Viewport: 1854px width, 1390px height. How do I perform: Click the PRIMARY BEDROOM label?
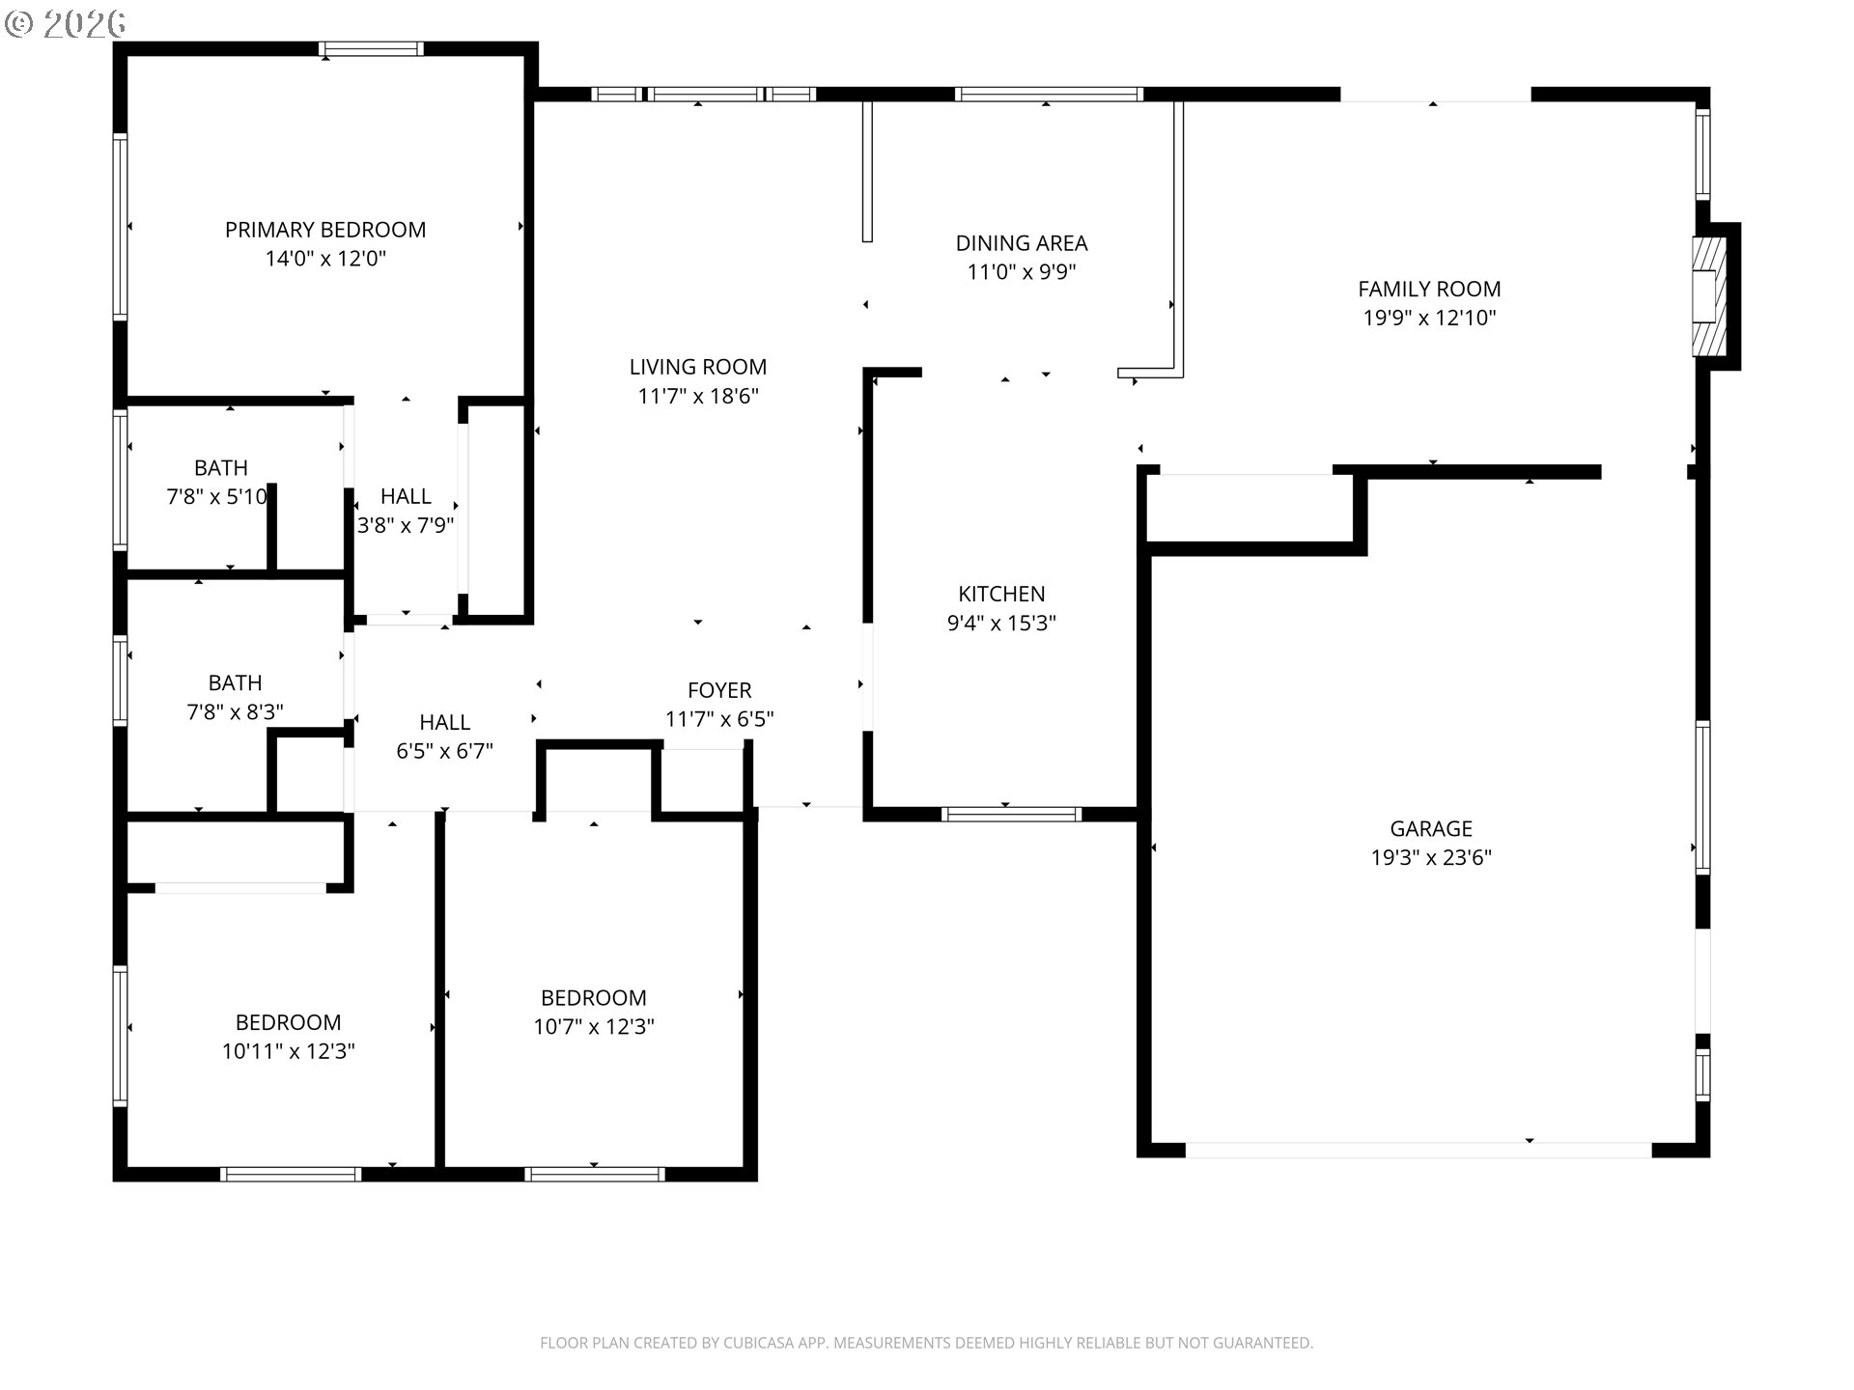click(325, 230)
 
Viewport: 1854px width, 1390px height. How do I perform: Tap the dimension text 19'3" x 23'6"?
click(1431, 857)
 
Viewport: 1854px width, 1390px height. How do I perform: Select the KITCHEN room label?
click(1001, 594)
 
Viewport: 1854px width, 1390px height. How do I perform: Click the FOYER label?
click(719, 690)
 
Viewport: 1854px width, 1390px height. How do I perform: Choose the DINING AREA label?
click(1022, 243)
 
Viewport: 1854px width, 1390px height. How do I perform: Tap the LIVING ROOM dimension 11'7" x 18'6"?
click(698, 396)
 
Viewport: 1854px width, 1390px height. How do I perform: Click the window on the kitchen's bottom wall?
click(1011, 814)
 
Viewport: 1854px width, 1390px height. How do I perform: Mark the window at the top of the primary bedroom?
click(372, 48)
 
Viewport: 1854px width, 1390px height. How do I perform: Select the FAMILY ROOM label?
click(1429, 289)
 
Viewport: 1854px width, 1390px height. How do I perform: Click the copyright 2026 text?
click(66, 24)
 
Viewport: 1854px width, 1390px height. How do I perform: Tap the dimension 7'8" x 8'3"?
click(235, 712)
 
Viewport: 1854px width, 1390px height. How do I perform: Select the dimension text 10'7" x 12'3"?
click(594, 1027)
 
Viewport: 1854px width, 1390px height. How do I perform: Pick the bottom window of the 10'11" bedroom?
click(291, 1174)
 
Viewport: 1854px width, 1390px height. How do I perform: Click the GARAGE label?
click(1431, 828)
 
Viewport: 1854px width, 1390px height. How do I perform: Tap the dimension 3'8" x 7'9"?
click(406, 525)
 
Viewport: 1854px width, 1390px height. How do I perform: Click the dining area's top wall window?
click(1049, 94)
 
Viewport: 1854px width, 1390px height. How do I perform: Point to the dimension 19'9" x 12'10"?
click(1429, 318)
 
